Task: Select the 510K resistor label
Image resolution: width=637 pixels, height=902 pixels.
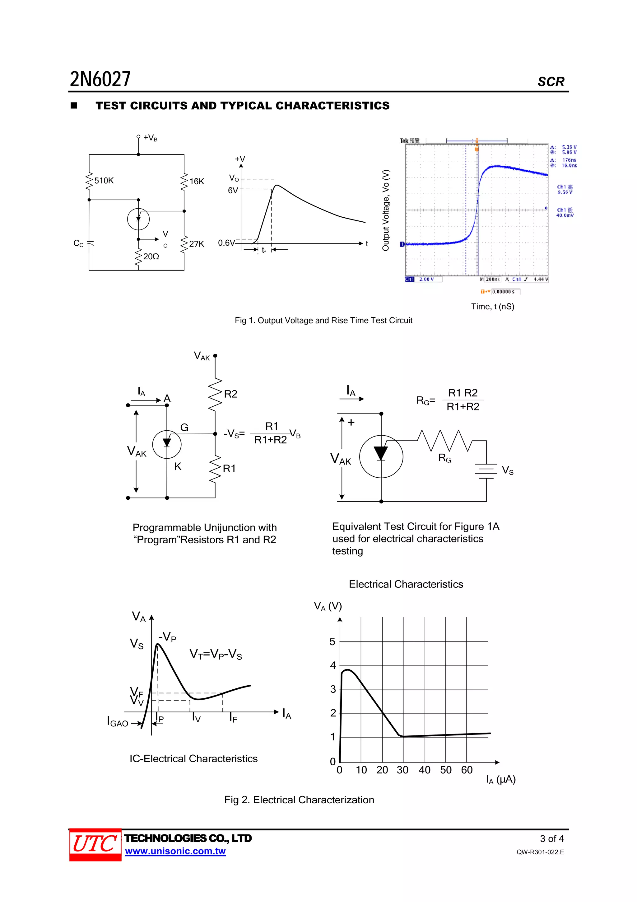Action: click(x=104, y=181)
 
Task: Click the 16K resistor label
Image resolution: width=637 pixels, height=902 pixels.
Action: click(x=197, y=182)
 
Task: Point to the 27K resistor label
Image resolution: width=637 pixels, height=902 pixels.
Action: click(x=197, y=244)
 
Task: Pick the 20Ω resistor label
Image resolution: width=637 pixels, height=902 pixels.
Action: click(x=151, y=257)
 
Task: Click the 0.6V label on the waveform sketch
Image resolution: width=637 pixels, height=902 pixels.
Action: click(x=226, y=243)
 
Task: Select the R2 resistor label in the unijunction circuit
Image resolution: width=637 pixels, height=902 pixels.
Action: click(x=230, y=394)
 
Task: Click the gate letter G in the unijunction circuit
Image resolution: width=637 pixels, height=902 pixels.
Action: click(x=184, y=427)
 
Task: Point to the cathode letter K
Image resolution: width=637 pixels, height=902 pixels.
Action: click(x=178, y=467)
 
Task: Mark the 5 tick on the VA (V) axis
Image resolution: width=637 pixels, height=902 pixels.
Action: click(x=332, y=642)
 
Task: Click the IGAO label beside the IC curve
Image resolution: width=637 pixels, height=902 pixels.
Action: click(x=118, y=723)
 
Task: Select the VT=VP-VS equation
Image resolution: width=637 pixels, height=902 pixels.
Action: click(x=216, y=654)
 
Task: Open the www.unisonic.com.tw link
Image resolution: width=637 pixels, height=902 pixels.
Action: click(x=175, y=851)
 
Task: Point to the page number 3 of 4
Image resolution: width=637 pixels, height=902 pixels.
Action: click(x=551, y=839)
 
